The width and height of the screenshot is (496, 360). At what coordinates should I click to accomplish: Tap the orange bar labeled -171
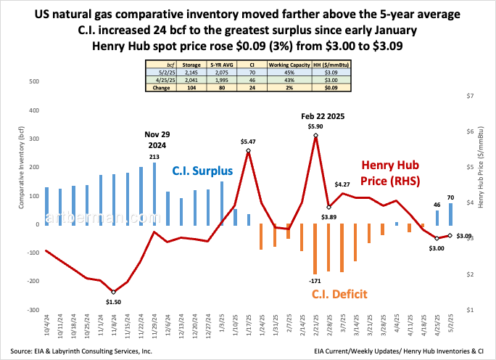[315, 249]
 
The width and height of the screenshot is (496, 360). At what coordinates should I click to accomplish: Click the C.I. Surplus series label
[202, 171]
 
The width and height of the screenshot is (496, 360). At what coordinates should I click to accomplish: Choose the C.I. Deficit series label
[339, 294]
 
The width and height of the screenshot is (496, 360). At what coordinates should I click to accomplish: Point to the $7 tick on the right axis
[469, 96]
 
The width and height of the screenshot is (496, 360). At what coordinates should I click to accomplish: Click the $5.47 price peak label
[248, 142]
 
